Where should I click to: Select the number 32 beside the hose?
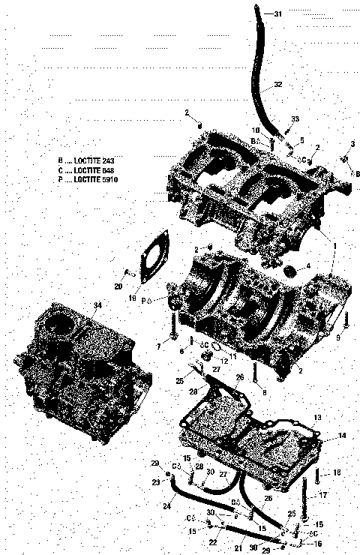(278, 85)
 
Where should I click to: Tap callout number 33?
(295, 120)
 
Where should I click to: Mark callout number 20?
(118, 286)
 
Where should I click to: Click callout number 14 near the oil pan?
(321, 436)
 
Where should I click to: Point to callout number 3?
(352, 143)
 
